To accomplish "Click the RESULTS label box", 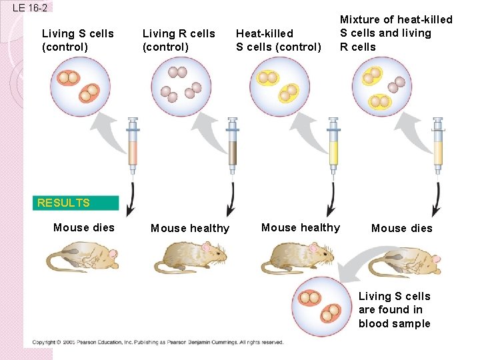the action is click(77, 203).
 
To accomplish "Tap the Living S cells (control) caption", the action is click(77, 40).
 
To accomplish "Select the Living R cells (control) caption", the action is click(179, 40).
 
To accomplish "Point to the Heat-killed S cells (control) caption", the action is click(279, 40).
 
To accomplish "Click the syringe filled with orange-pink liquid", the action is click(132, 146).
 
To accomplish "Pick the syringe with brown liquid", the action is click(232, 146).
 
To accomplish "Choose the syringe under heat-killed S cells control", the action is click(333, 146).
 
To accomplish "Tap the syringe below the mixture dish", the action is click(438, 146).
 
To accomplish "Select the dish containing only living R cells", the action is click(181, 85).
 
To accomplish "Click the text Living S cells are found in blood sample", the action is click(395, 310).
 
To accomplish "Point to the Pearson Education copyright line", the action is click(158, 342).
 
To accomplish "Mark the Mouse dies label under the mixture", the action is click(401, 228).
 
